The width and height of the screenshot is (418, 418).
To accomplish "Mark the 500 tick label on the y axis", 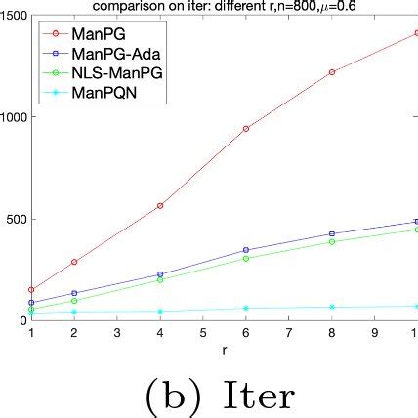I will coord(17,218).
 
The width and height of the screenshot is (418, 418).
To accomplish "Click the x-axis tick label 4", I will coord(159,332).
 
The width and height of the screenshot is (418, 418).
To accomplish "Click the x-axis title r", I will coord(223,348).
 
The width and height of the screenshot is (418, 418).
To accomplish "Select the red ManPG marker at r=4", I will coord(159,205).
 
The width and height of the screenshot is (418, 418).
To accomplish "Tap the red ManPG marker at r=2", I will coord(73,262).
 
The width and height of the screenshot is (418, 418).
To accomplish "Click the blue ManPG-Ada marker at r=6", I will coord(245,250).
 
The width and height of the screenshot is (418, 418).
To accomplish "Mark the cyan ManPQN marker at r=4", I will coord(159,312).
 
